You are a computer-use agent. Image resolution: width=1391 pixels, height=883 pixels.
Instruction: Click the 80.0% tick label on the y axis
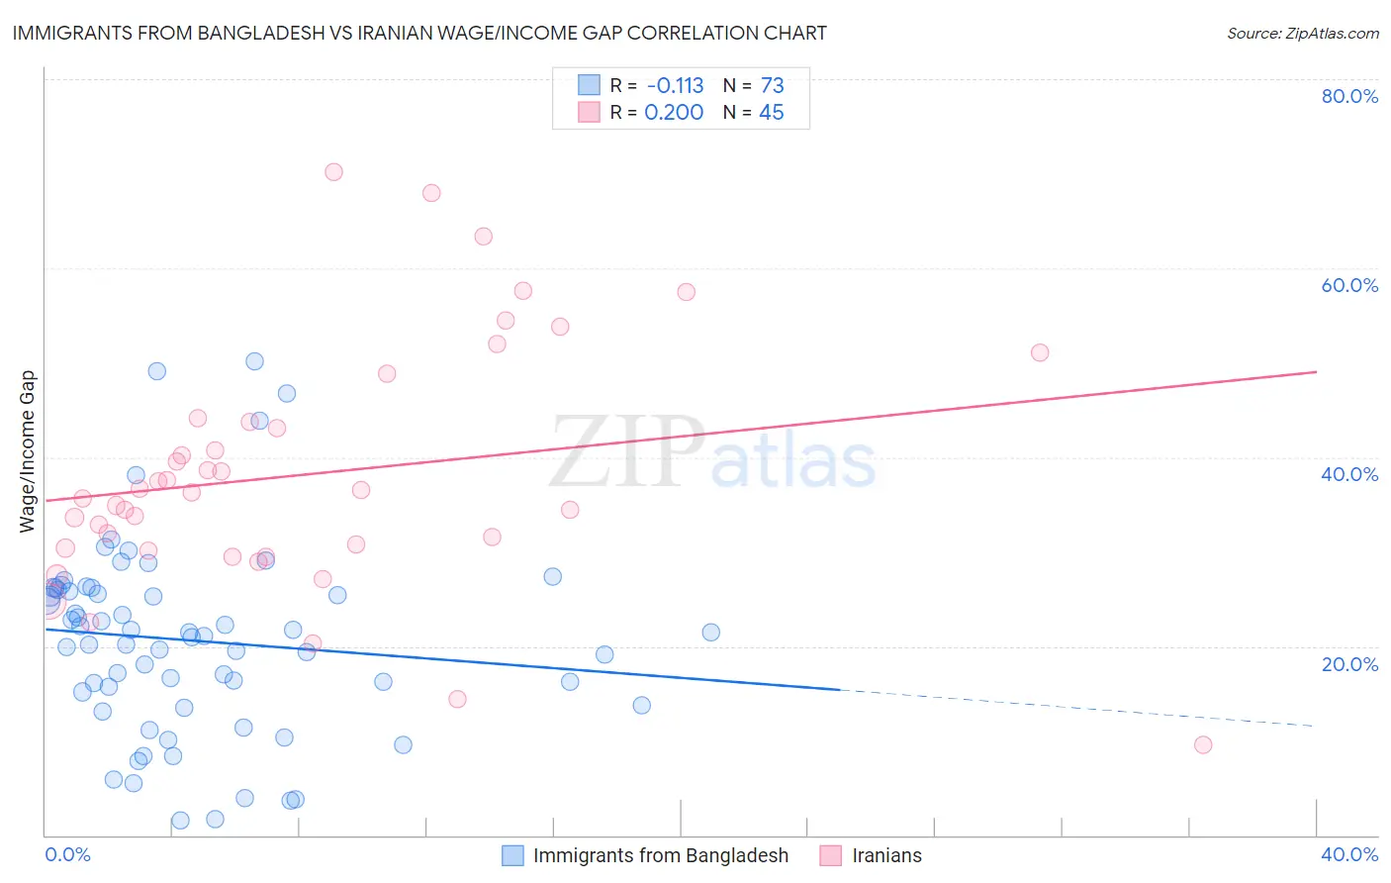(1349, 96)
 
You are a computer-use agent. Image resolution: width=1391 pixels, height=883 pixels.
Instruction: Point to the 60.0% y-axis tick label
(1349, 285)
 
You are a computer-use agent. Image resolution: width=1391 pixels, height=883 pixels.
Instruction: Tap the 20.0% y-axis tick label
(1349, 663)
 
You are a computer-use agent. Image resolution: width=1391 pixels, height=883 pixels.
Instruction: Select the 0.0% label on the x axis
(67, 854)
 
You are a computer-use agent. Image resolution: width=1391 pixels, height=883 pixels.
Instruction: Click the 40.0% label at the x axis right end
(1349, 854)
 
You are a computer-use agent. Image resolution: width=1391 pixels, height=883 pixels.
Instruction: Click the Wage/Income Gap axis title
(28, 451)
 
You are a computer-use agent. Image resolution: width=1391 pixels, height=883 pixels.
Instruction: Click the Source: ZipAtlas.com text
(1302, 33)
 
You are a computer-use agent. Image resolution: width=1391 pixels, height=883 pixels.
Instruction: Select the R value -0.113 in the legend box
(675, 86)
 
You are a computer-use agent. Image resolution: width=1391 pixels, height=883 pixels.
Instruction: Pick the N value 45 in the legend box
(771, 113)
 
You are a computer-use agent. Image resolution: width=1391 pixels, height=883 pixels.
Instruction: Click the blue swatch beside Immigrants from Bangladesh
(512, 855)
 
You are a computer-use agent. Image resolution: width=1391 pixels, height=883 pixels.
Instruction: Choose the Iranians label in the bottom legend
(886, 855)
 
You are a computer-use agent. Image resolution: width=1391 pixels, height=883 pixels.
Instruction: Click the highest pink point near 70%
(333, 172)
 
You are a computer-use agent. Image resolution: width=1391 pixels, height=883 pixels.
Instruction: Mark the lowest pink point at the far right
(1203, 744)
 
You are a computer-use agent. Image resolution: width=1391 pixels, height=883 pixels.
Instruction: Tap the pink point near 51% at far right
(1040, 352)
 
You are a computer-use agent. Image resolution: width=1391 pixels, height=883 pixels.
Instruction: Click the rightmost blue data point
(710, 633)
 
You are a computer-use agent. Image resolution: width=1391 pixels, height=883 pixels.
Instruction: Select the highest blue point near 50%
(254, 361)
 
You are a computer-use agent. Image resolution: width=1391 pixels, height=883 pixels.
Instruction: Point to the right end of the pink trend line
(1315, 372)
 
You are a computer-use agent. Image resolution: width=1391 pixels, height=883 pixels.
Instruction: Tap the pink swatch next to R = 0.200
(590, 113)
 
